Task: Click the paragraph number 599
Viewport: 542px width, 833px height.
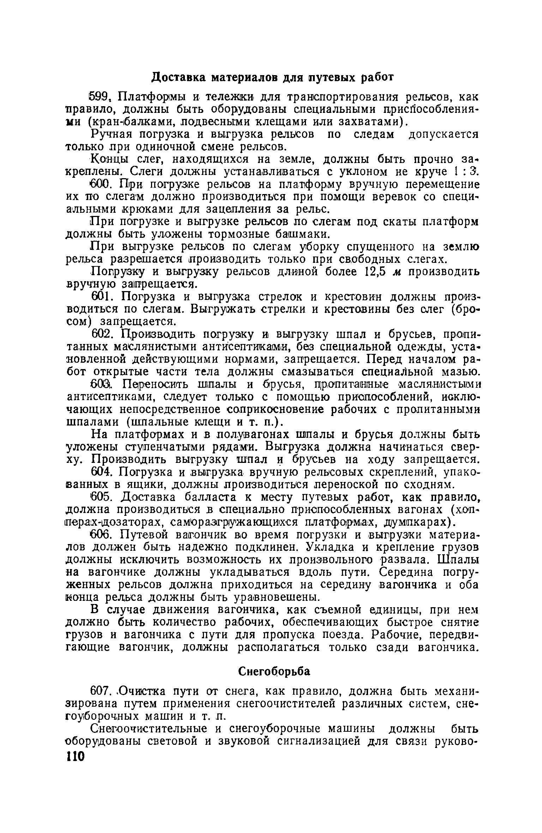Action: pos(101,96)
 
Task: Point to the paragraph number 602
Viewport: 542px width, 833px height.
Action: pos(102,334)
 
